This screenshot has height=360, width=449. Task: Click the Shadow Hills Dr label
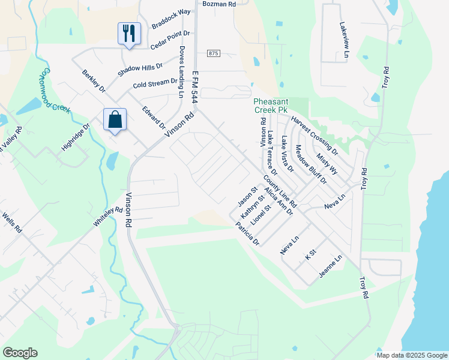(x=140, y=69)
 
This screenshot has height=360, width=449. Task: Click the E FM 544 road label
(x=194, y=86)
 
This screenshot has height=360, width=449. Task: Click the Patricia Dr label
(x=247, y=235)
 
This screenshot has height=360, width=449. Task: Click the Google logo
(x=20, y=353)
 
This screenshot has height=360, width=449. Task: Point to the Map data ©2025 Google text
(x=411, y=355)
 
